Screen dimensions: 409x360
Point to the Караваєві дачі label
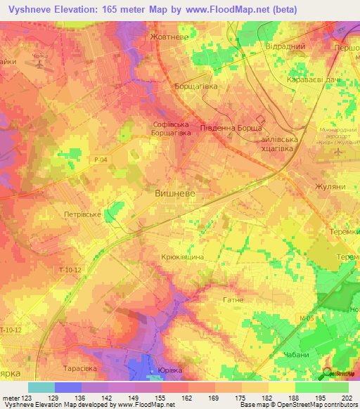point(310,81)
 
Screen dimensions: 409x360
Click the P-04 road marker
point(101,160)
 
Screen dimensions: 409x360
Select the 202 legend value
point(345,398)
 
